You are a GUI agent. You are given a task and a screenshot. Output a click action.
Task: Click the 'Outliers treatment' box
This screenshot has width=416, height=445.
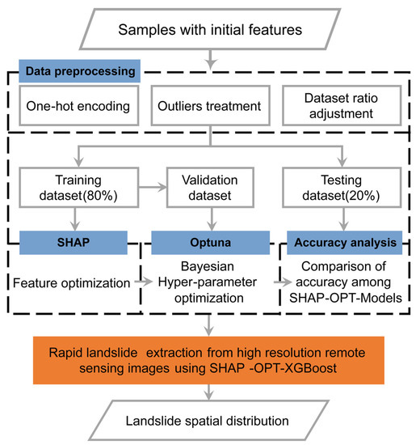click(x=208, y=105)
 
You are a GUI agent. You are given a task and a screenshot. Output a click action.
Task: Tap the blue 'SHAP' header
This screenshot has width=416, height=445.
click(x=74, y=241)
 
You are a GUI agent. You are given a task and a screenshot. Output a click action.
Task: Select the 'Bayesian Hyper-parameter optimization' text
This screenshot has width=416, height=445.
click(x=212, y=284)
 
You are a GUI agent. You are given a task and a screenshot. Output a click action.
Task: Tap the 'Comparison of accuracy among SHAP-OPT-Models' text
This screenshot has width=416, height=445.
click(x=346, y=284)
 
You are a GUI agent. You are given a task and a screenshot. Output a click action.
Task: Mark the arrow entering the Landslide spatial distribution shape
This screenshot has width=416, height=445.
click(x=209, y=392)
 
